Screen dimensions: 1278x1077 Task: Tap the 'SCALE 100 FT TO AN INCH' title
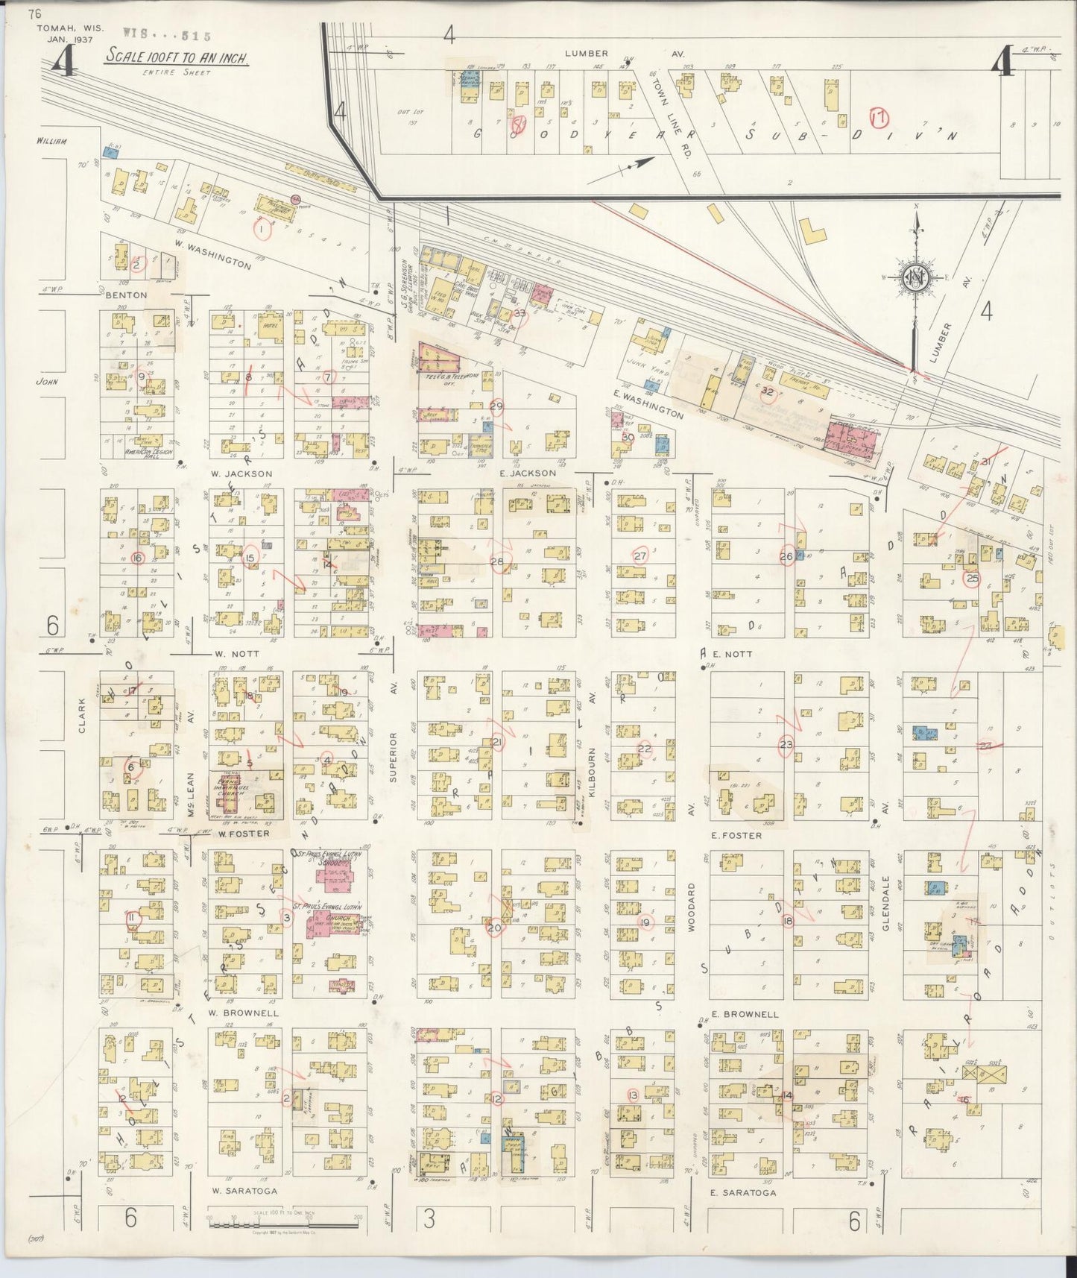tap(177, 57)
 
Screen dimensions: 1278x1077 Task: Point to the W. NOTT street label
tap(237, 653)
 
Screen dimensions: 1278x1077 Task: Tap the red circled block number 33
tap(519, 314)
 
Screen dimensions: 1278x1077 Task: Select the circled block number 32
tap(768, 390)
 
